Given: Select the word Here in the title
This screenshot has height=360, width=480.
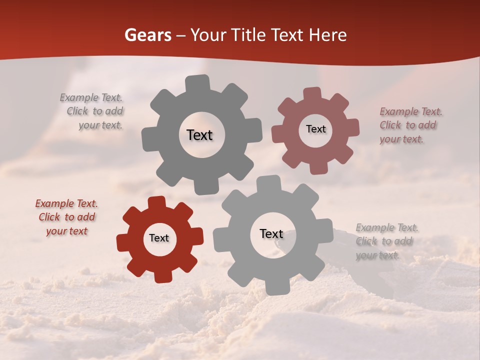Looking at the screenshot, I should point(327,35).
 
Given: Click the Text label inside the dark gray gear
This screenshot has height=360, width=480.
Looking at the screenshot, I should point(199,135).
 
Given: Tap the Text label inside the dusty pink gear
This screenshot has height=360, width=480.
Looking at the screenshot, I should point(315,129).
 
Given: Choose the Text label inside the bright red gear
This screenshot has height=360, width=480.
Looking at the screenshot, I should point(159,238).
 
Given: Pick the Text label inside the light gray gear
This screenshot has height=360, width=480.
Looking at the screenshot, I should point(271,233).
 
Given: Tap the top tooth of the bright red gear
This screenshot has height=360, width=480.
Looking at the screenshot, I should point(156,202).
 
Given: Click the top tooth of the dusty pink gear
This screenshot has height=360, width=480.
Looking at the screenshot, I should point(312,93).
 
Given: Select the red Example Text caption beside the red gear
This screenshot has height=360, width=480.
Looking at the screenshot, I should point(66,217).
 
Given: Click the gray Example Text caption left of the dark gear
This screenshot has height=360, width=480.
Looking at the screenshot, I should point(92,111).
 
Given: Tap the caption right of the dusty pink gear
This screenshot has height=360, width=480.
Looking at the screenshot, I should point(410,125).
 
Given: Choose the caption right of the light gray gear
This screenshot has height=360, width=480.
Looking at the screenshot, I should point(386,241).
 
